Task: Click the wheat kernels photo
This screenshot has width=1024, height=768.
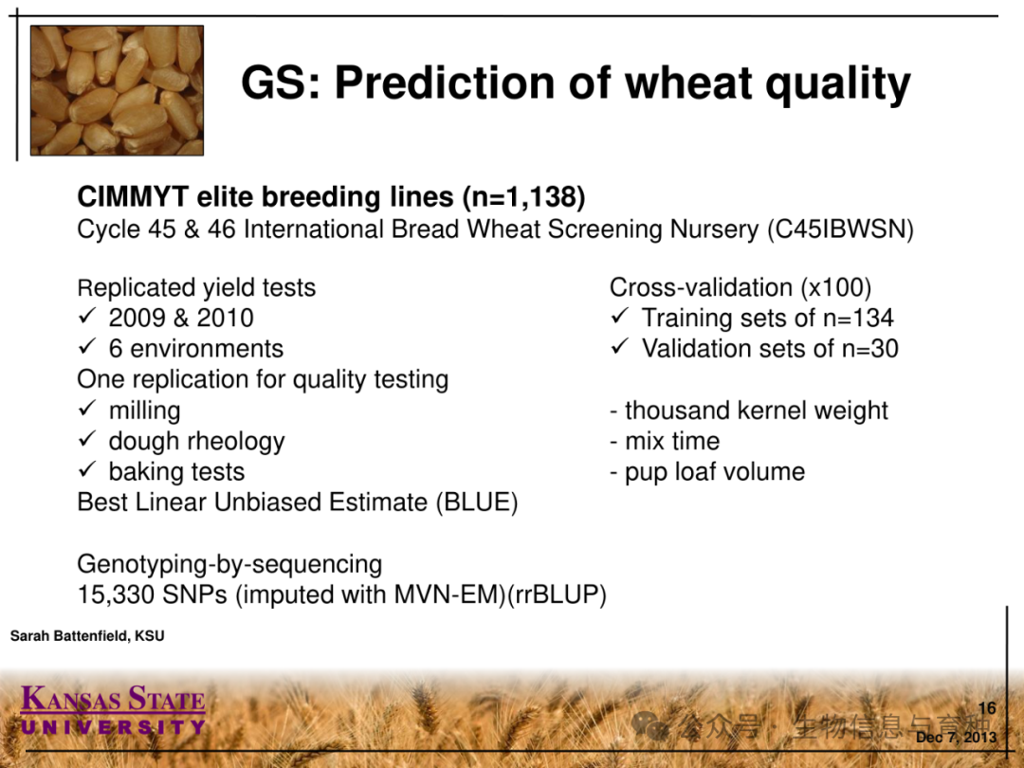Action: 117,90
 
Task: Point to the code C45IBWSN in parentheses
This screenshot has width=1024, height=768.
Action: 840,229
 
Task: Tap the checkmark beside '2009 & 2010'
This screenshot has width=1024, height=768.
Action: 87,316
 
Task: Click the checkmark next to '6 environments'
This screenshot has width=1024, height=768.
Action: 87,347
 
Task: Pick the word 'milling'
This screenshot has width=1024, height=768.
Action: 144,411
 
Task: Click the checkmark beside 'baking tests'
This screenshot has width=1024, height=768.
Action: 87,469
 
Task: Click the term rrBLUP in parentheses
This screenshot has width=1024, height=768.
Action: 558,594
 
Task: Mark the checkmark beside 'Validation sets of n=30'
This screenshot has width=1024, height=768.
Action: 620,347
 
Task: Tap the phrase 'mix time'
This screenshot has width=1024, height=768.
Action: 672,442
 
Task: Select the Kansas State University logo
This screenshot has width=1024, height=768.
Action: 113,709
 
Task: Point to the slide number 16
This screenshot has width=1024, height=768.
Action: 987,708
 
